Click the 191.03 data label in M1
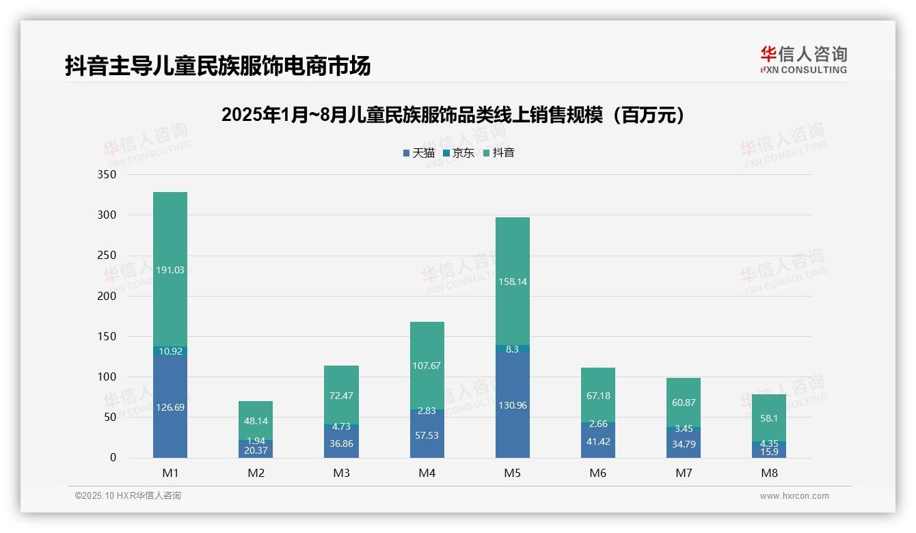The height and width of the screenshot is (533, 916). click(170, 270)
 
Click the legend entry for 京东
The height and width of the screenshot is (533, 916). click(459, 152)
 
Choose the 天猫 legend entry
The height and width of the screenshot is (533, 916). click(419, 152)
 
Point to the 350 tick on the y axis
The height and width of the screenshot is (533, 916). click(107, 174)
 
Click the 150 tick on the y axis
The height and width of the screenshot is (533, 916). click(107, 336)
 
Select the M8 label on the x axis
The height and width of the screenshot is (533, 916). click(769, 473)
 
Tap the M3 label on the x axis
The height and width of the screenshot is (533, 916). click(341, 473)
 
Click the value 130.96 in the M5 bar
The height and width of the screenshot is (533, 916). click(512, 405)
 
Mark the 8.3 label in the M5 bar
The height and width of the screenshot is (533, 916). click(512, 348)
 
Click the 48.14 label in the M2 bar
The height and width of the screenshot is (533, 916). click(256, 421)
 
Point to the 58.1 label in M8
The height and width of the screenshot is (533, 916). click(769, 418)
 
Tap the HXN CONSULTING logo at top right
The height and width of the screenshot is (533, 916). click(803, 60)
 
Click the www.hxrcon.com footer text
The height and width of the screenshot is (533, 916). click(794, 496)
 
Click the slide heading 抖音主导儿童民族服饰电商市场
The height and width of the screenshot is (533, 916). click(218, 66)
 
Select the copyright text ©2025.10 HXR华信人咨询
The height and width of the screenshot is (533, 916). click(128, 496)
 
